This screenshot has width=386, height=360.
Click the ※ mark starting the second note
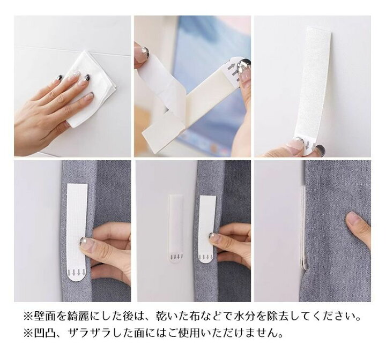click(28, 333)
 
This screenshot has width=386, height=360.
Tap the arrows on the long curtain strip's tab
click(77, 273)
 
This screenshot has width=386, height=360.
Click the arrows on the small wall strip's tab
click(176, 257)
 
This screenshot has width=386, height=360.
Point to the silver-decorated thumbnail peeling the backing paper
click(143, 51)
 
